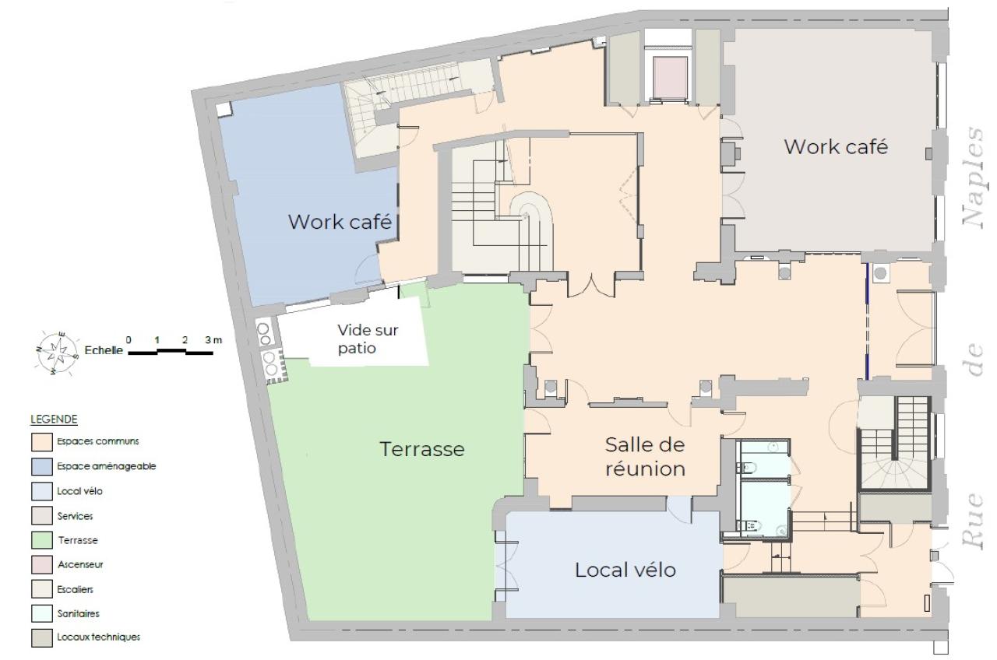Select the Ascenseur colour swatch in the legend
[x=41, y=564]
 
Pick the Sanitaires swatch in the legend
[x=41, y=614]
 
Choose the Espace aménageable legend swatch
[x=41, y=466]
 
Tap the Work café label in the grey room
[x=835, y=146]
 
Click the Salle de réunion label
[x=645, y=457]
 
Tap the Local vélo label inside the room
[x=625, y=570]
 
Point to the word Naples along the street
[x=974, y=174]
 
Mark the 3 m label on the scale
[x=213, y=339]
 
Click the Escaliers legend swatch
[x=41, y=589]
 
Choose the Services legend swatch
[x=41, y=515]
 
